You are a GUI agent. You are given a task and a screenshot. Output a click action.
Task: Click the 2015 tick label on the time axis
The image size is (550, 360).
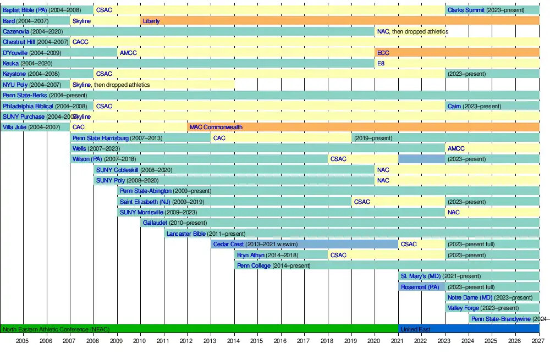pyautogui.click(x=257, y=341)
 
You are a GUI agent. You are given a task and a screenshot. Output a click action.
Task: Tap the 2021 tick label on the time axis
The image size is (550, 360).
pyautogui.click(x=398, y=341)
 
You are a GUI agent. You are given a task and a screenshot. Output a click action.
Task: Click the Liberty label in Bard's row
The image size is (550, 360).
pyautogui.click(x=151, y=21)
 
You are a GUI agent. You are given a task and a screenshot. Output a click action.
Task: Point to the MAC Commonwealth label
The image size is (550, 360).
pyautogui.click(x=216, y=127)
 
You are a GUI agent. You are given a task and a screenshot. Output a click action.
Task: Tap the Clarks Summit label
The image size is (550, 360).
pyautogui.click(x=466, y=10)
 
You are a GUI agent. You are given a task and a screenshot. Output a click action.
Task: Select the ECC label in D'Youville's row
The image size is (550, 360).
pyautogui.click(x=383, y=53)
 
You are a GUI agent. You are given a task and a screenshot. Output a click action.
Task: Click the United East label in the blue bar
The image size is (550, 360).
pyautogui.click(x=415, y=329)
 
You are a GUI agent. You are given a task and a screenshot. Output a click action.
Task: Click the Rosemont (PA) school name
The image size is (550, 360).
pyautogui.click(x=420, y=287)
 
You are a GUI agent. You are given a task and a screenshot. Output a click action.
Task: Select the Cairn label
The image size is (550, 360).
pyautogui.click(x=454, y=106)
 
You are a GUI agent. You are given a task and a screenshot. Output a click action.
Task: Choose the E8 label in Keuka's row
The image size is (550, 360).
pyautogui.click(x=381, y=63)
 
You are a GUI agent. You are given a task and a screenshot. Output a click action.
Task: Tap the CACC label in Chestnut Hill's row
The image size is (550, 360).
pyautogui.click(x=80, y=42)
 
